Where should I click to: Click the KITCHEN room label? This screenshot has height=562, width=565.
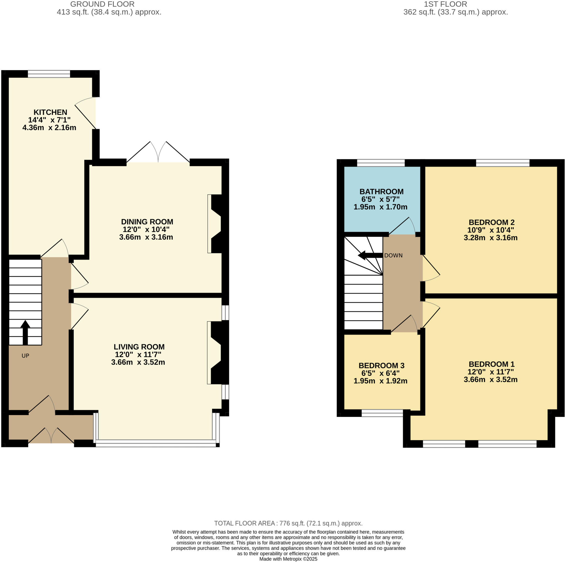(50, 112)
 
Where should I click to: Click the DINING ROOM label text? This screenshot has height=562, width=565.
(147, 222)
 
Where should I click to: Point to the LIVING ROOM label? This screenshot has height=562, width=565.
(139, 347)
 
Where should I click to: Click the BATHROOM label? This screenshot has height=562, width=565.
(381, 191)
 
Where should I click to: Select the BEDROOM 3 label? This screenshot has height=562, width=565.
(381, 366)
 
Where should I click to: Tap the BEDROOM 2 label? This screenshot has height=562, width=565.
(491, 222)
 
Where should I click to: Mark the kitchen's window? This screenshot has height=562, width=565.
(49, 74)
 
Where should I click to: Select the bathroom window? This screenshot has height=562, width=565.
(381, 163)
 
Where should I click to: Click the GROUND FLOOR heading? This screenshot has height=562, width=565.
(102, 4)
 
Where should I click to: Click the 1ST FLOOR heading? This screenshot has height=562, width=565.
(445, 4)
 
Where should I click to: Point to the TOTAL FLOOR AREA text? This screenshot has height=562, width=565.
(288, 523)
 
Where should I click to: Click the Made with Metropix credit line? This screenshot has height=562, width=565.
(288, 559)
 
